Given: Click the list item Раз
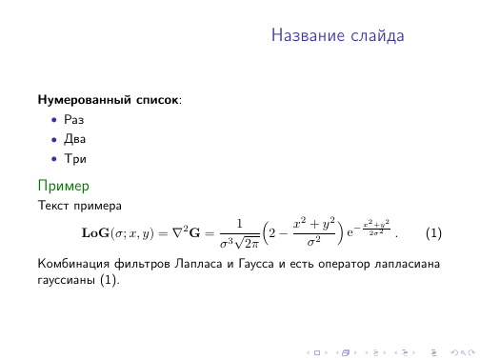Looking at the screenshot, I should point(73,120).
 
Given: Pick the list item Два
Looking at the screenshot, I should point(74,138).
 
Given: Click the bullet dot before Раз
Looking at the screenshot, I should point(53,120).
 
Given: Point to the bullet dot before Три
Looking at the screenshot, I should point(53,157).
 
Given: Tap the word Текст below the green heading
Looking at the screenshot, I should point(52,205).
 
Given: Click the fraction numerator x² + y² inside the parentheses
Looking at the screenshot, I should point(313,225).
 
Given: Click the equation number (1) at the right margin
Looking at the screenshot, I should point(433,233).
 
